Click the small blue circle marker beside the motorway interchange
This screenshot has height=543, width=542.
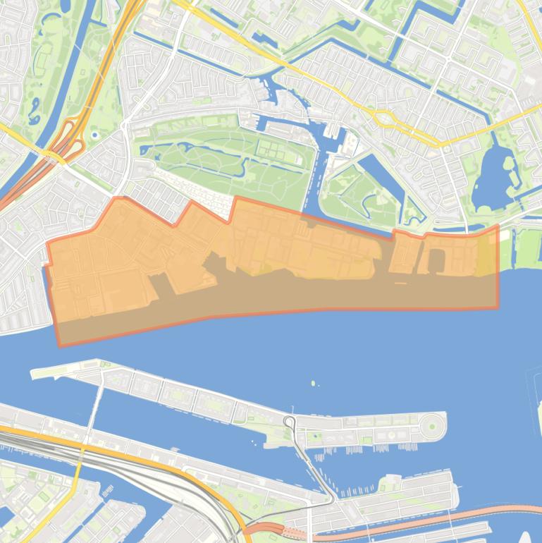pyautogui.click(x=94, y=133)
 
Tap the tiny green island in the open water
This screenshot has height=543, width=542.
pyautogui.click(x=313, y=384)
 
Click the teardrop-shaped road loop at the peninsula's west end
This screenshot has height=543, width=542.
pyautogui.click(x=290, y=423)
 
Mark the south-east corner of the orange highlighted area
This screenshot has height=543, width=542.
pyautogui.click(x=497, y=307)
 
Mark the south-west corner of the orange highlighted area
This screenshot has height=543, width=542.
pyautogui.click(x=59, y=345)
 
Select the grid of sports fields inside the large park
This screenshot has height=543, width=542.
pyautogui.click(x=271, y=150)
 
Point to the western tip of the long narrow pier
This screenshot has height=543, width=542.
pyautogui.click(x=34, y=374)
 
